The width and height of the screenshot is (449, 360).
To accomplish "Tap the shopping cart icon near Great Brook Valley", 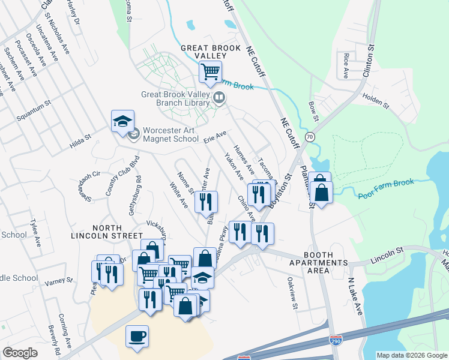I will (210, 73).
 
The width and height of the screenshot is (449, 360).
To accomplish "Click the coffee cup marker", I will (137, 335).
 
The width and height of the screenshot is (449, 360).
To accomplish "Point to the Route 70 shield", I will (310, 137).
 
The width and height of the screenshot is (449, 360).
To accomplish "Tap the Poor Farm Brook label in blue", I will (385, 190).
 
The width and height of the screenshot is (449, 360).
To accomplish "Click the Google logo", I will (20, 353).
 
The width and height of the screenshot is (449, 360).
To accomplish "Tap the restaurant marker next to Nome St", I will (206, 203).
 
